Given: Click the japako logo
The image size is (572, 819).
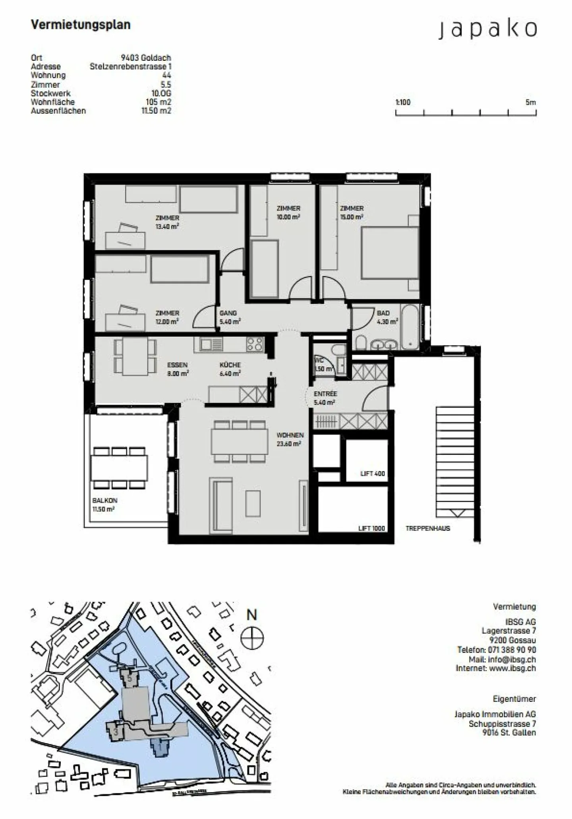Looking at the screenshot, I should click(x=487, y=29).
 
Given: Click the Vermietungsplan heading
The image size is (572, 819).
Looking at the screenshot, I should click(x=81, y=25).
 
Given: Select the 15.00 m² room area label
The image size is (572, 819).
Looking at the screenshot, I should click(x=351, y=217).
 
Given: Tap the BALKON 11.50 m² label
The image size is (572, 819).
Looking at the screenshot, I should click(x=104, y=505).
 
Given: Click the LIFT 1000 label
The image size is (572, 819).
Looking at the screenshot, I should click(x=371, y=528).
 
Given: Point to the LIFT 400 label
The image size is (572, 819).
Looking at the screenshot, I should click(x=373, y=473).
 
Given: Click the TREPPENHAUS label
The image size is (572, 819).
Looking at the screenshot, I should click(x=428, y=528).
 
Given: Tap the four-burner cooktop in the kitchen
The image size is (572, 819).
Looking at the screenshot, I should click(x=255, y=344).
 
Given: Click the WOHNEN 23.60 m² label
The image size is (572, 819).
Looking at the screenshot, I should click(x=290, y=439).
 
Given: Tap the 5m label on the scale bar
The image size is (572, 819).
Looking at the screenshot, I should click(x=530, y=102).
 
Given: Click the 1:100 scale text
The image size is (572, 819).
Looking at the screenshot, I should click(x=403, y=102).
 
